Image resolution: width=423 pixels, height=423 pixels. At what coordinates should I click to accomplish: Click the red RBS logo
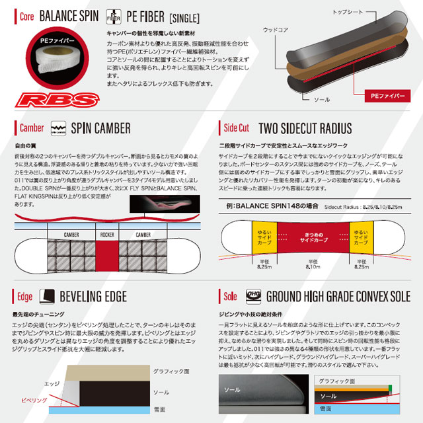[x=58, y=100]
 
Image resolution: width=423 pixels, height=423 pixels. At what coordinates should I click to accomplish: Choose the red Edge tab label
[x=24, y=295]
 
